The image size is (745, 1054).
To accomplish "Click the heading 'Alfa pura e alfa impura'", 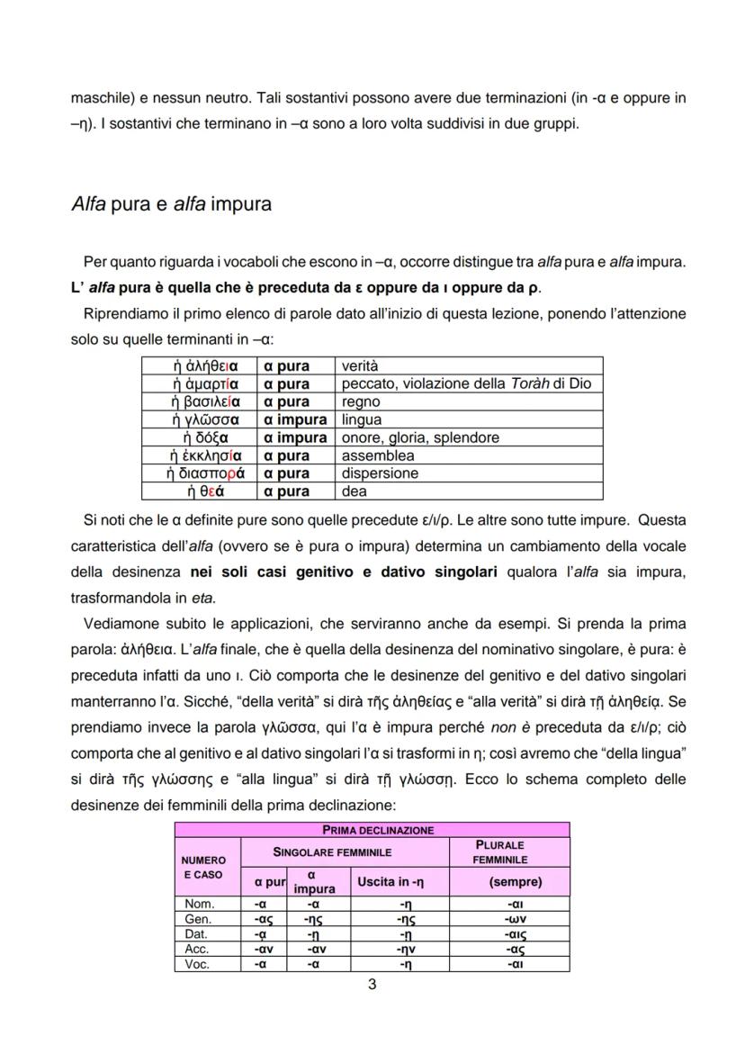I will coord(171,203).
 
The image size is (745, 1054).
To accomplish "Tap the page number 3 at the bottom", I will coord(372,984).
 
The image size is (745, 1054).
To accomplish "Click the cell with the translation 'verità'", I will coord(361,366).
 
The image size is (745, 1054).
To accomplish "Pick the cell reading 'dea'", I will coord(353,491).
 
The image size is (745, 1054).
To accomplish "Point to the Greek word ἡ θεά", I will coord(205,491).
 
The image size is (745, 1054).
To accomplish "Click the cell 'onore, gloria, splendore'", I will coord(420,437).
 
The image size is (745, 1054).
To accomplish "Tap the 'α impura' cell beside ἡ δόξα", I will coord(295,437).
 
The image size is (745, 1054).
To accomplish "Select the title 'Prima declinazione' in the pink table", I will coord(372,830).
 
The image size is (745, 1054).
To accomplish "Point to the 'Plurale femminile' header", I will coord(509,852).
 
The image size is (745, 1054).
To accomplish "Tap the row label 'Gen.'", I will coord(198,920).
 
